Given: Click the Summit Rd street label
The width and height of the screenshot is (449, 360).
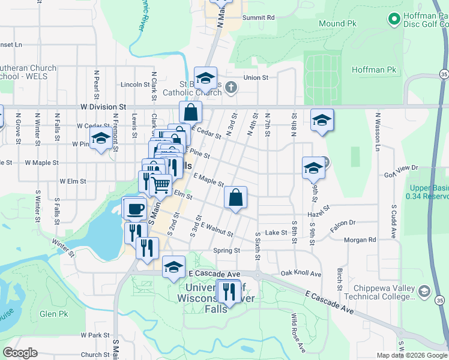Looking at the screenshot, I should point(258,17).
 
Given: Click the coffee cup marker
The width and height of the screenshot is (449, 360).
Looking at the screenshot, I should point(134,208).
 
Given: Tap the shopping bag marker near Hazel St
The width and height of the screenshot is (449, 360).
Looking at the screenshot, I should point(236,197).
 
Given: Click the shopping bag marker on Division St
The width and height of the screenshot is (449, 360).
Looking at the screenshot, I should point(190,112).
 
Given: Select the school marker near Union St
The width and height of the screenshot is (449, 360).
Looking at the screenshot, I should point(205,78).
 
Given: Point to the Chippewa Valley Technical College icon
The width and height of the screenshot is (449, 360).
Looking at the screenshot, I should point(424,291).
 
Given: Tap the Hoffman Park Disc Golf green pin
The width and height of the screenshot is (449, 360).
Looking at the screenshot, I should point(394,20).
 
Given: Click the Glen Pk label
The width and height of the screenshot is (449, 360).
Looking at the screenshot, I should point(53,314).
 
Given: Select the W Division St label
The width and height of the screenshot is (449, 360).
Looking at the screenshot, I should point(105,106).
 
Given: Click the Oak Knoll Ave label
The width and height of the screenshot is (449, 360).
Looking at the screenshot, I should point(301,274).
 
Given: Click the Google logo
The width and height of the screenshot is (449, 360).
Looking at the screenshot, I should point(20,353).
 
